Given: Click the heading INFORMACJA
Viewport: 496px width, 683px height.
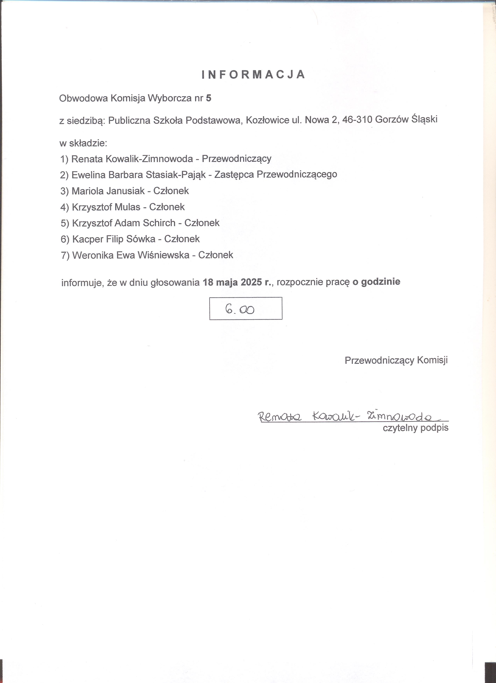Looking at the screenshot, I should point(253,75).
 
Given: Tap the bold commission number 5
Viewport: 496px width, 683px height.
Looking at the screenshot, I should point(209,98).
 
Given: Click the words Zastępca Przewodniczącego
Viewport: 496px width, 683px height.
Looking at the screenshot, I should point(275,174).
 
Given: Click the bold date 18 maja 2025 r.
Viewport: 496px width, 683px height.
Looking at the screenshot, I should point(237,282).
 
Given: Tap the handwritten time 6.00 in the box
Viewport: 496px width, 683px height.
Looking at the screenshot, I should point(240,309).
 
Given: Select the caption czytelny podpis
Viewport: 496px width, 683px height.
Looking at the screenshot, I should point(415,428).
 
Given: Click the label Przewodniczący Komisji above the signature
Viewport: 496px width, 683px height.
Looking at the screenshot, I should point(396,360).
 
